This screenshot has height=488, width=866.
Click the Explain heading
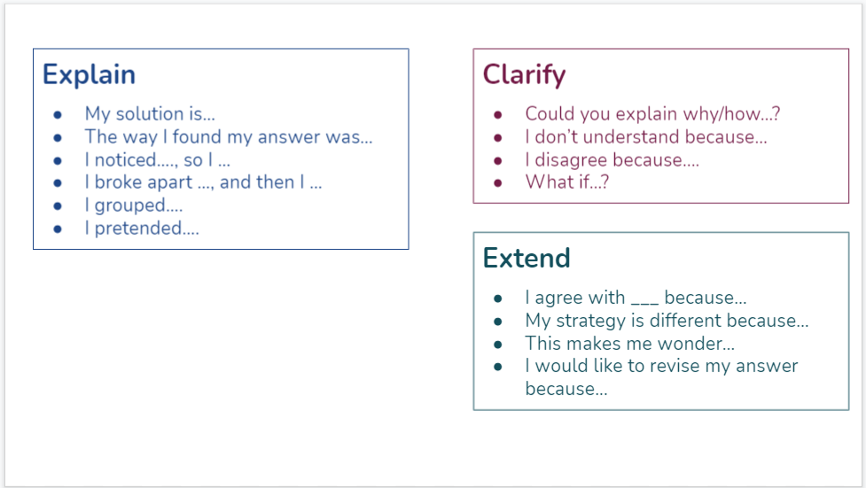(x=89, y=75)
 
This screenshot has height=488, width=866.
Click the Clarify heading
(x=524, y=75)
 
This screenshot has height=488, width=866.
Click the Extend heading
(x=527, y=258)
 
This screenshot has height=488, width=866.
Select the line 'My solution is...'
(x=150, y=114)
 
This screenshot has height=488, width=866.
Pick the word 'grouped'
(x=129, y=205)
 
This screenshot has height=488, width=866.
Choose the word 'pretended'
(x=138, y=228)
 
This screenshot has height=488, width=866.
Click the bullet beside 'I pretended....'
(x=58, y=229)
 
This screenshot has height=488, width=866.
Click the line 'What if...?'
(x=566, y=182)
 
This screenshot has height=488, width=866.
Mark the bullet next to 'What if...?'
(x=497, y=182)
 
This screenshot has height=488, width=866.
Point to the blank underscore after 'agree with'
(x=644, y=303)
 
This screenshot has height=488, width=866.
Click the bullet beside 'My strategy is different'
(x=497, y=321)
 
